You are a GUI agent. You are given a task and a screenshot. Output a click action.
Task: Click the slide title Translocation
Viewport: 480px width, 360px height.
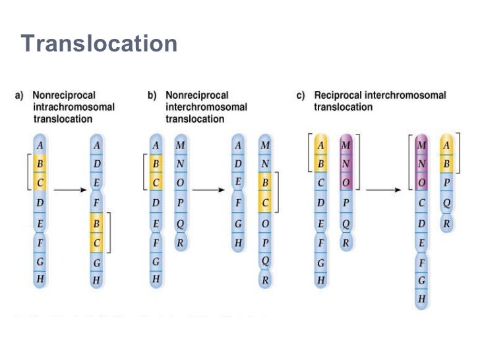pyautogui.click(x=99, y=44)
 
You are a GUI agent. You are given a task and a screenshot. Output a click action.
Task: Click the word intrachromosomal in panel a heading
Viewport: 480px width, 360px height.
pyautogui.click(x=74, y=107)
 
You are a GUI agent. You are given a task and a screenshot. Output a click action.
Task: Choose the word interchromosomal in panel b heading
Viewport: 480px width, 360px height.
pyautogui.click(x=206, y=107)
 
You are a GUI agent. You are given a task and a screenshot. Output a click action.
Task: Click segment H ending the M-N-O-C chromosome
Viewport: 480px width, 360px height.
pyautogui.click(x=422, y=299)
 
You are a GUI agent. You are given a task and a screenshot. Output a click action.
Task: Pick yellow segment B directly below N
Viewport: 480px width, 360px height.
pyautogui.click(x=265, y=182)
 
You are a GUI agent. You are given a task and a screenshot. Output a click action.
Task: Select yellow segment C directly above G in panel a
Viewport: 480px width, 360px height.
pyautogui.click(x=97, y=243)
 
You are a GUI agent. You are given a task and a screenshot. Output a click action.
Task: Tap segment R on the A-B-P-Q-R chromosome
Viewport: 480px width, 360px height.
pyautogui.click(x=448, y=224)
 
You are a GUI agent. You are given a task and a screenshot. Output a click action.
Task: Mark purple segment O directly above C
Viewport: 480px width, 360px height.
pyautogui.click(x=422, y=183)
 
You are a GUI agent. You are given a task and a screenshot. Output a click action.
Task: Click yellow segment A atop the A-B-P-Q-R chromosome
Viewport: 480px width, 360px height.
pyautogui.click(x=448, y=144)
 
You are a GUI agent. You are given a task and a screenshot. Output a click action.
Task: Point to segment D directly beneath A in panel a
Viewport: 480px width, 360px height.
pyautogui.click(x=97, y=164)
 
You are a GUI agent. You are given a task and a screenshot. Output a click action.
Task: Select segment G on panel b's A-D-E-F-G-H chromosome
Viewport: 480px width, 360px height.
pyautogui.click(x=238, y=224)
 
